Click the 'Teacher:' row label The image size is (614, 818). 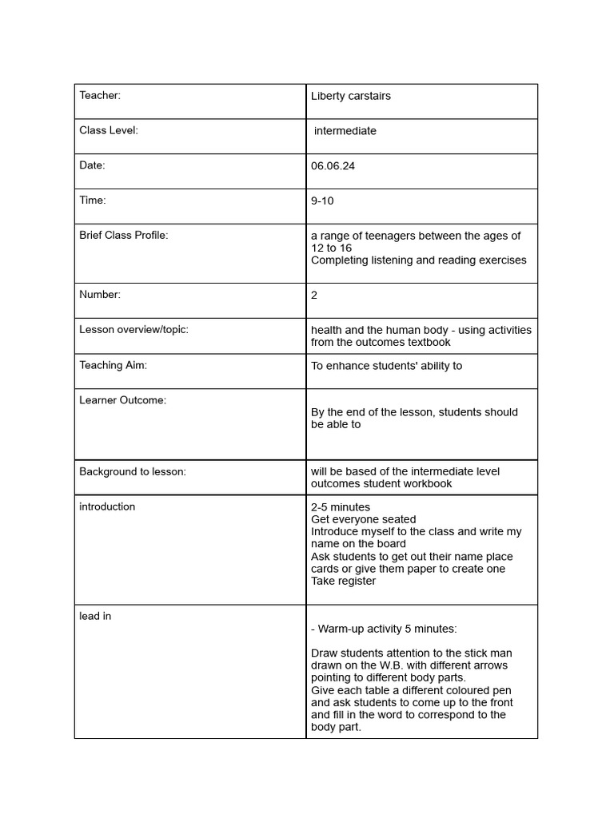[x=100, y=96]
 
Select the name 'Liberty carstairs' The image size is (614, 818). [x=350, y=96]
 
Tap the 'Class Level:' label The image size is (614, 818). [x=109, y=130]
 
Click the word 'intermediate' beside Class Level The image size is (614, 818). [x=345, y=131]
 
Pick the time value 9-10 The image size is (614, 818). [x=322, y=201]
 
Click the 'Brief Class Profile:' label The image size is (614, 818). [x=124, y=236]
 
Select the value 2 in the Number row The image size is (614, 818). [x=314, y=295]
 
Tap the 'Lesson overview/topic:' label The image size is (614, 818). [x=134, y=330]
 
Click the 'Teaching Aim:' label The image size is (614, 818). [x=113, y=365]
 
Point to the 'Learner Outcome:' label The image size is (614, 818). [x=122, y=400]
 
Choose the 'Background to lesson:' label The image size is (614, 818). [x=133, y=471]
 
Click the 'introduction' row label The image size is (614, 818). [x=107, y=506]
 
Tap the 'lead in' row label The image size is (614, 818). [x=95, y=616]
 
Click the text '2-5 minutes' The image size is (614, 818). [x=341, y=507]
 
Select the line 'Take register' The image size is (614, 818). [x=343, y=581]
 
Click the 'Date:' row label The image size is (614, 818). [x=92, y=165]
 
